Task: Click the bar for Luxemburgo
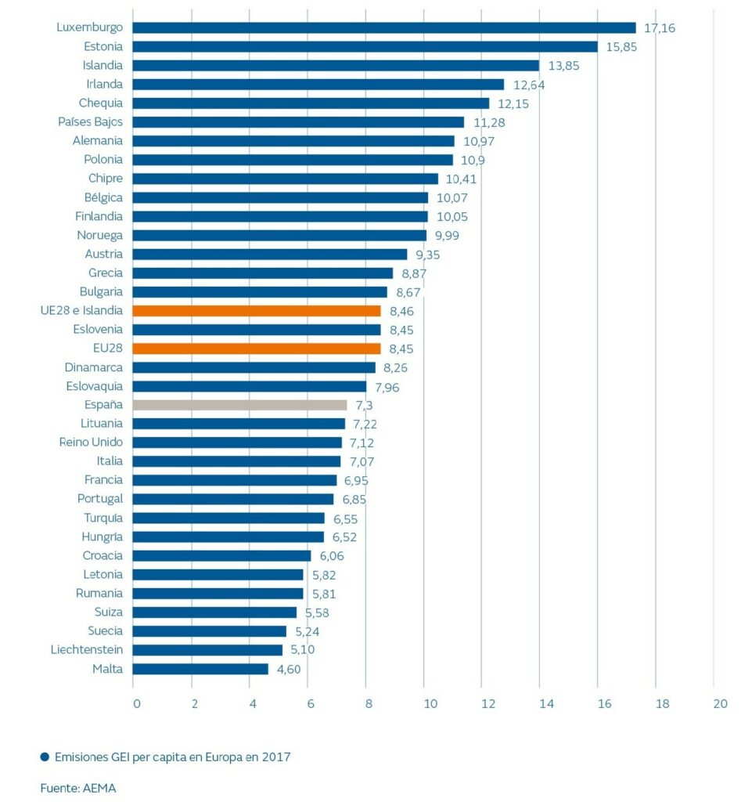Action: (383, 27)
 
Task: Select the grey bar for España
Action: (239, 405)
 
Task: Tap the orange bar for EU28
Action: (257, 349)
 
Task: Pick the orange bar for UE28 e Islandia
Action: (257, 311)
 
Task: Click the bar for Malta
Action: (200, 669)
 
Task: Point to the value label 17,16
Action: (659, 28)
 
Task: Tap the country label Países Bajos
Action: (90, 122)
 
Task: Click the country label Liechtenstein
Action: (86, 650)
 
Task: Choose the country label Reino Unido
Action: (91, 443)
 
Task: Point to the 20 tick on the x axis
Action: (720, 703)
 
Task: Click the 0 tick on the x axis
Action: (136, 703)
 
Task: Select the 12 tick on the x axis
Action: (488, 703)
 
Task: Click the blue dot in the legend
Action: (45, 757)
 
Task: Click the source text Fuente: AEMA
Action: (78, 788)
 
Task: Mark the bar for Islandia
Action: (336, 66)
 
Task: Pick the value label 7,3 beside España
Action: (364, 405)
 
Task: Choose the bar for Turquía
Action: (228, 518)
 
